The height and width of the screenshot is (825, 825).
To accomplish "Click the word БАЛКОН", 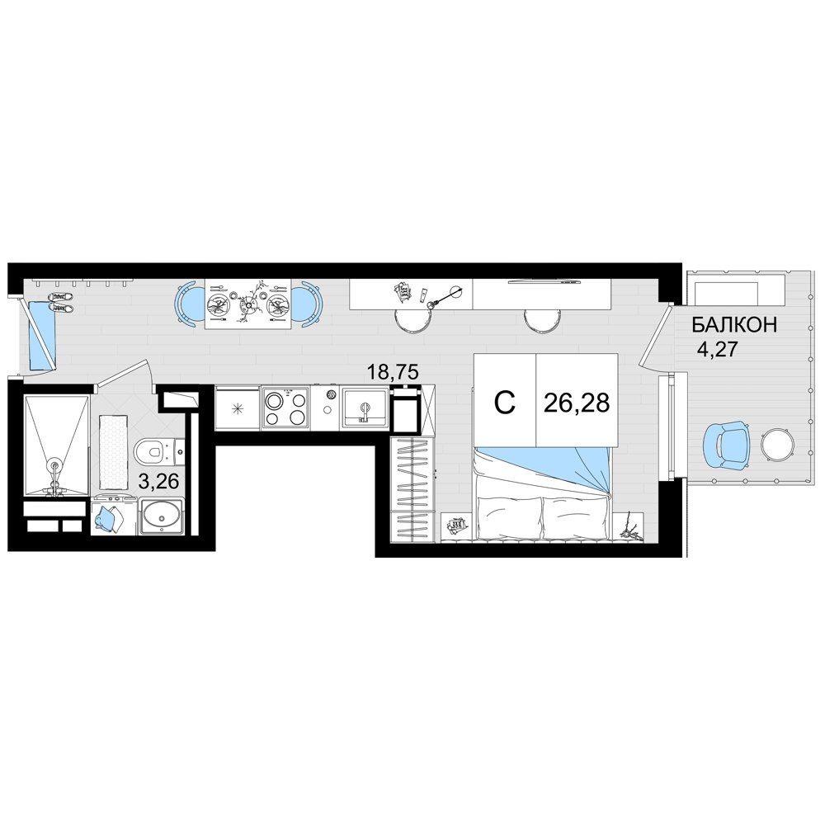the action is click(x=734, y=325).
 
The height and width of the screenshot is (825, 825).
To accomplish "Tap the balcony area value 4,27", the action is click(x=718, y=349).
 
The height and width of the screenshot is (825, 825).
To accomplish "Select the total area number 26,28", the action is click(x=577, y=403).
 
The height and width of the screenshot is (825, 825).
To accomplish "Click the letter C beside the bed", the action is click(x=505, y=403).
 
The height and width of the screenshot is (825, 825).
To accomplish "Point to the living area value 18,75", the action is click(x=393, y=373).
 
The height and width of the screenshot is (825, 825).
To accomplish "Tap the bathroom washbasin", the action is click(x=161, y=516).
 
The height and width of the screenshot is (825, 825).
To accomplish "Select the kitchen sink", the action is click(x=365, y=408).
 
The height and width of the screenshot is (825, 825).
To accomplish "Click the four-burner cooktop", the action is click(x=285, y=407).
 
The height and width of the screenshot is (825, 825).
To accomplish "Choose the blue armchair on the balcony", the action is click(x=726, y=445).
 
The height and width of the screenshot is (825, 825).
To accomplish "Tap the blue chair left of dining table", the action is click(x=188, y=304).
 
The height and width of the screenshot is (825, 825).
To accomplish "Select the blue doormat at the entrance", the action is click(x=41, y=335).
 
